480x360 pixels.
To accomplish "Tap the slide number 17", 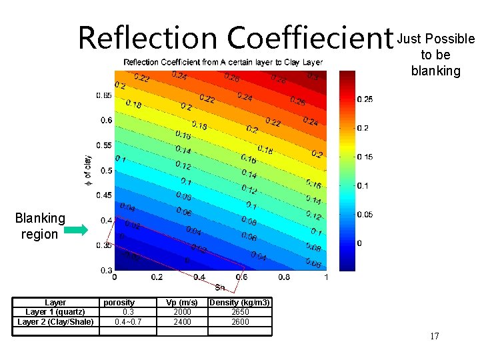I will [x=435, y=336].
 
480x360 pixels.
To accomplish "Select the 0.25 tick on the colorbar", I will [x=365, y=99].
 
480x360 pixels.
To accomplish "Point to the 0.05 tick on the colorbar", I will [x=365, y=215].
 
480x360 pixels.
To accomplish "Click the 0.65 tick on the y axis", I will [x=103, y=95].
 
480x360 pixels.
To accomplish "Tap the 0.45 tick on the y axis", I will [x=103, y=195].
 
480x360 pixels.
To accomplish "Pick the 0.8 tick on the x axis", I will [x=284, y=277].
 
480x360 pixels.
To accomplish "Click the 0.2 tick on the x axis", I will [x=156, y=277].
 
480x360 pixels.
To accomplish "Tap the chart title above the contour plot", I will [x=223, y=62].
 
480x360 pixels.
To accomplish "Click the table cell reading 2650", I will [x=240, y=312].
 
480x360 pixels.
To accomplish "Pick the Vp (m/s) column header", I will [x=182, y=303].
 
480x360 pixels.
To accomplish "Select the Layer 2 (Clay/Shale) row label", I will [x=55, y=322].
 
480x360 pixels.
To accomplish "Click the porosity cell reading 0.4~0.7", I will [x=129, y=322].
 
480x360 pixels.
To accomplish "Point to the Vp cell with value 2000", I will [x=182, y=312].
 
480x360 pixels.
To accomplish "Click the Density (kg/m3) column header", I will [x=240, y=303].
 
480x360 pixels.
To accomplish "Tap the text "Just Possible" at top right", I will [x=436, y=39].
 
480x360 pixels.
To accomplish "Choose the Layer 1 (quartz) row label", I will [x=55, y=312].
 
